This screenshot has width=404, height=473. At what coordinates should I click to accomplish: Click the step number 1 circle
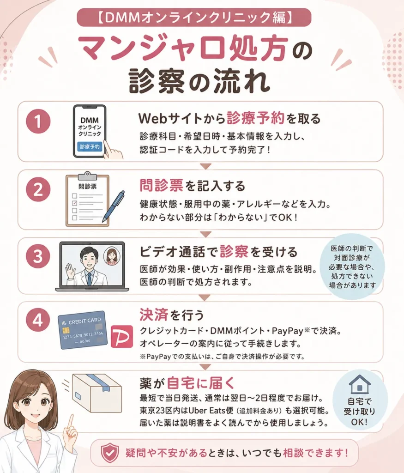pos(38,121)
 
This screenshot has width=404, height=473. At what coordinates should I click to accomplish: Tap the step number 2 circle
pos(38,189)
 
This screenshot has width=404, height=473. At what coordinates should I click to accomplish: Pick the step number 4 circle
pos(38,320)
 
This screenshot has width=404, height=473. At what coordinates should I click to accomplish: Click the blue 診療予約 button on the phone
pos(90,146)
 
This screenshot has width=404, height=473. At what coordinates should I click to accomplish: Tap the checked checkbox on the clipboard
pos(74,203)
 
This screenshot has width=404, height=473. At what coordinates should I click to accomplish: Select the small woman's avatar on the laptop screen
pos(112,257)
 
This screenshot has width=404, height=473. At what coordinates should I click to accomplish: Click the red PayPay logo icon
pos(122,336)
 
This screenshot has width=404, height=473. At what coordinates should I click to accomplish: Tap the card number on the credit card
pos(83,335)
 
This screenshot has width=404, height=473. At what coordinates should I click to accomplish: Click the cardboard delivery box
pos(97,393)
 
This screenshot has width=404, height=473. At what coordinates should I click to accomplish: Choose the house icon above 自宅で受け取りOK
pos(360,384)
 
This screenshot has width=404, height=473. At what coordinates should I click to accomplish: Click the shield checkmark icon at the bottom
pos(109,453)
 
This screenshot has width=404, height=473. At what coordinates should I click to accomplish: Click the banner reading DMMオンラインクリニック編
pos(194,17)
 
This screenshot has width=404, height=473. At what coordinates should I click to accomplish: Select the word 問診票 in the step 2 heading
pos(161,185)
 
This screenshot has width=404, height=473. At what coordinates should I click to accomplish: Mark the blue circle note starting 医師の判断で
pos(352,267)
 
